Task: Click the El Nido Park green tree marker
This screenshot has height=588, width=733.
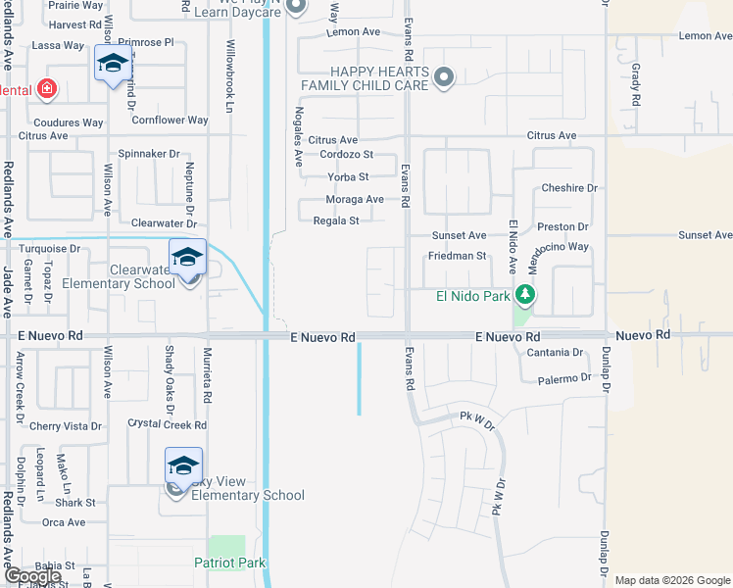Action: [x=525, y=294]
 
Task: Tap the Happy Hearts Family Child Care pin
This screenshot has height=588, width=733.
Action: [x=445, y=77]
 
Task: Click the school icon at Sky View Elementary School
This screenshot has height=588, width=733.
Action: [x=183, y=466]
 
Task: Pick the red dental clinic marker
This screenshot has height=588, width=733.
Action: [x=47, y=90]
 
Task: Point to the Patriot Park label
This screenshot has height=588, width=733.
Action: [x=230, y=563]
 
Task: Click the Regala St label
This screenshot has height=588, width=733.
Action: [x=335, y=221]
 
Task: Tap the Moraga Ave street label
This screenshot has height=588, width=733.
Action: [x=355, y=200]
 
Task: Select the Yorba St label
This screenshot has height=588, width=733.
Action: [x=348, y=177]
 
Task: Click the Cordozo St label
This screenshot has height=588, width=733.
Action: [x=347, y=155]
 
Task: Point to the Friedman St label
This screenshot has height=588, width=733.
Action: [x=457, y=256]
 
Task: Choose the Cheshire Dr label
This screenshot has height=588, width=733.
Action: [x=569, y=188]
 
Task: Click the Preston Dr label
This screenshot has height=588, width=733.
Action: [x=562, y=226]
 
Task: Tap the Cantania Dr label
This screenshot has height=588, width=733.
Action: [x=555, y=352]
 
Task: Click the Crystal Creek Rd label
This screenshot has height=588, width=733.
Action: [x=168, y=425]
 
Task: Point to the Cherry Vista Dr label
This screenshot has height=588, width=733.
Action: [x=66, y=426]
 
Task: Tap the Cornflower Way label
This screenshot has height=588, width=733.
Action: [x=171, y=121]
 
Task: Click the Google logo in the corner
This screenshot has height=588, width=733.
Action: [x=32, y=576]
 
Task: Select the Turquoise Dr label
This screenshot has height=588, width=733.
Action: [x=41, y=249]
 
